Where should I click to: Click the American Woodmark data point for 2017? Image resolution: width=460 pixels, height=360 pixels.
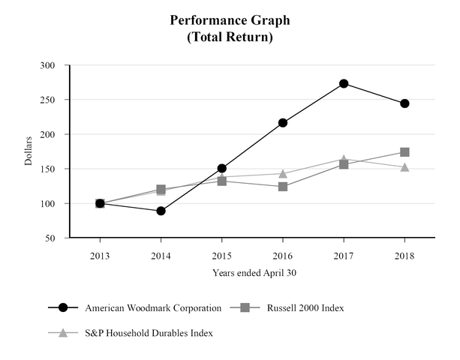click(x=344, y=83)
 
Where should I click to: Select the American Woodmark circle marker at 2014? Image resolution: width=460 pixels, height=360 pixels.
click(x=161, y=211)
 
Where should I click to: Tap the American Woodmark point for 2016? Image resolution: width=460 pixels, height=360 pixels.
click(x=283, y=122)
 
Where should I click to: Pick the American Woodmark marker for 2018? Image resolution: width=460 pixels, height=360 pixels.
click(x=404, y=103)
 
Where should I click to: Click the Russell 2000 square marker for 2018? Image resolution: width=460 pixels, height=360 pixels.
click(x=404, y=152)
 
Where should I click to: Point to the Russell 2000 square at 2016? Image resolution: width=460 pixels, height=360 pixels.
click(x=283, y=186)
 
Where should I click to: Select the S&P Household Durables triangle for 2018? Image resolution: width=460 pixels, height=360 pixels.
click(x=404, y=166)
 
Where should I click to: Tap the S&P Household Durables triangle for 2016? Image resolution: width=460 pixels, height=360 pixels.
click(x=283, y=173)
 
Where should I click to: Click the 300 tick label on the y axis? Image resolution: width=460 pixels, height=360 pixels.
click(x=47, y=65)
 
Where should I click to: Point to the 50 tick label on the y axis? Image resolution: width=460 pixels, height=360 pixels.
click(x=50, y=238)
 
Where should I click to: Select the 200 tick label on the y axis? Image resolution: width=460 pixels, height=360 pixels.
click(x=47, y=134)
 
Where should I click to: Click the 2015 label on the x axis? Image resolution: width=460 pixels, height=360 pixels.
click(x=221, y=256)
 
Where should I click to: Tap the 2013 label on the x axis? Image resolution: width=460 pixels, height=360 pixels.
click(x=100, y=256)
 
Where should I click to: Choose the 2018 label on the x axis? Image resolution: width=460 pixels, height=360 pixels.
click(x=404, y=256)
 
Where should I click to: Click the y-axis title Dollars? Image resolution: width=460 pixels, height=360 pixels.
click(x=28, y=151)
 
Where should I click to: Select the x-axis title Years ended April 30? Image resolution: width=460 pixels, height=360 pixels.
click(x=254, y=273)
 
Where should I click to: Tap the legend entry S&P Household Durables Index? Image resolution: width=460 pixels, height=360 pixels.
click(x=149, y=332)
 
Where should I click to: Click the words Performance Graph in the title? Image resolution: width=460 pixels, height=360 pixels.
click(x=230, y=19)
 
